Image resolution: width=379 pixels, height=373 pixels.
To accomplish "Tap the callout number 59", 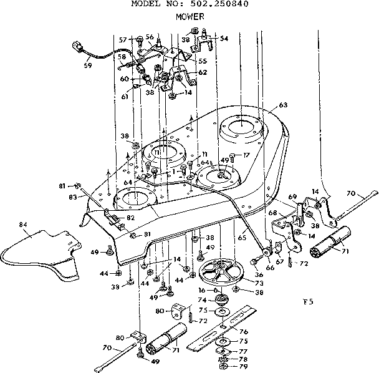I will click(x=88, y=65).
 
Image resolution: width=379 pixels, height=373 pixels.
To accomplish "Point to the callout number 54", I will click(x=223, y=39).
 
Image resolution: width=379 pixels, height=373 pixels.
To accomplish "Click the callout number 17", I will click(x=247, y=154).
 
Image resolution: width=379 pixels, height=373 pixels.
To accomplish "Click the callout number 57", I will click(x=122, y=40).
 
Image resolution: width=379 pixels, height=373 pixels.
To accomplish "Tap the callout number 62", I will click(x=203, y=72).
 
